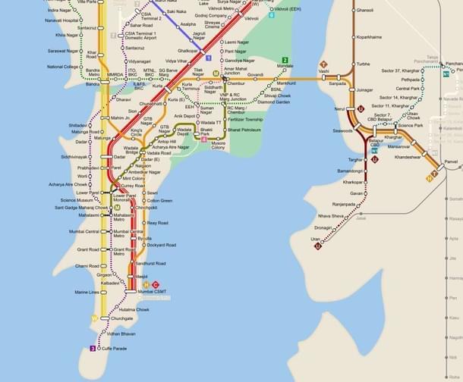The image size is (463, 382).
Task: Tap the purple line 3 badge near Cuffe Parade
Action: (x=93, y=349)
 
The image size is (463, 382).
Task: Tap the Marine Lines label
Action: (x=87, y=292)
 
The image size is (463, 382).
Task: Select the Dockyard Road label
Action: (x=161, y=245)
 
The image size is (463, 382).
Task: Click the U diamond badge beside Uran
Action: (x=317, y=246)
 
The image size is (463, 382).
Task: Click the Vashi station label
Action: (x=323, y=72)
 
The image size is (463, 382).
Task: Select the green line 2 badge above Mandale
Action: (x=285, y=60)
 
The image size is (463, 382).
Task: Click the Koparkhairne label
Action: (x=370, y=36)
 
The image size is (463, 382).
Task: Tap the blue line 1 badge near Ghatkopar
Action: (x=208, y=58)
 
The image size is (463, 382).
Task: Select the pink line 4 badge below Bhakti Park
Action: (x=203, y=139)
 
